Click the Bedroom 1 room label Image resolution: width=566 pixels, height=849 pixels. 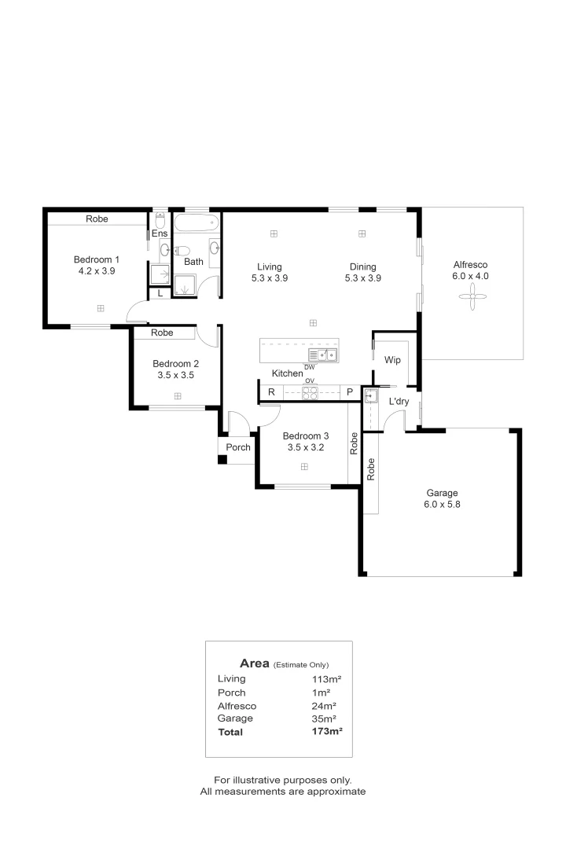coord(97,260)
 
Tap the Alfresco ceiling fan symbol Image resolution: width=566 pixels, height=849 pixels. coord(472,296)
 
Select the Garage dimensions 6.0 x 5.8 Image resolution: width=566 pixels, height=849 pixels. coord(442,505)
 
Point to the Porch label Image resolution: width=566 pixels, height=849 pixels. coord(238,447)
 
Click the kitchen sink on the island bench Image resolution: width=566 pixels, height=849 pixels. coord(323,355)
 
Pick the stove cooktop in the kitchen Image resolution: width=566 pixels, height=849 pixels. coord(310,393)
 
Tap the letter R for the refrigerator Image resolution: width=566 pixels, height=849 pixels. coord(271,392)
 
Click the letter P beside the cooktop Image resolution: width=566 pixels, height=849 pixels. coord(350,392)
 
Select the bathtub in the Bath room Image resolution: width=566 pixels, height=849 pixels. coord(196,222)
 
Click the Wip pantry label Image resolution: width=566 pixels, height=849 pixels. coord(392,360)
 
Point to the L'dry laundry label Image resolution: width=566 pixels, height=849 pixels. coord(399,401)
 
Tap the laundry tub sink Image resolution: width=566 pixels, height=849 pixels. coord(370,395)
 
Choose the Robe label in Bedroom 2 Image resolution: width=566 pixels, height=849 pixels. coord(162,333)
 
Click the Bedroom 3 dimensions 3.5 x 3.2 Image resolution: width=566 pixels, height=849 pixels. coord(306,448)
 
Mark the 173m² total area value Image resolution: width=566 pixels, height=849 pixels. coord(326,732)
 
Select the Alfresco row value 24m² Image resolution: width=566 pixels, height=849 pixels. coord(324,706)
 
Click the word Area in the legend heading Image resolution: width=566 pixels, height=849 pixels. coord(255,663)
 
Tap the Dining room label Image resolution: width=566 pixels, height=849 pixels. coord(363,267)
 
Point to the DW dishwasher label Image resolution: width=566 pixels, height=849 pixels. coord(309,367)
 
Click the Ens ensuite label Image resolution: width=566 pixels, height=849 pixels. coord(160,233)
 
